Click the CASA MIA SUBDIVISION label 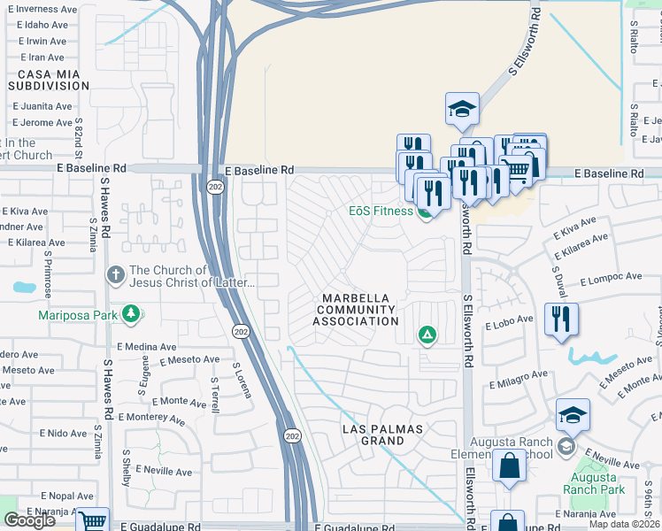pos(49,80)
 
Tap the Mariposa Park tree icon pos(131,314)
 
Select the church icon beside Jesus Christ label pos(114,276)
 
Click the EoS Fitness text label pos(381,212)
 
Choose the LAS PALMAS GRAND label pos(385,435)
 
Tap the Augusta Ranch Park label pos(596,483)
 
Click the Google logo pos(29,519)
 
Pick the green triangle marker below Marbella pos(427,335)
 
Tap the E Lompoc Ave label pos(610,280)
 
